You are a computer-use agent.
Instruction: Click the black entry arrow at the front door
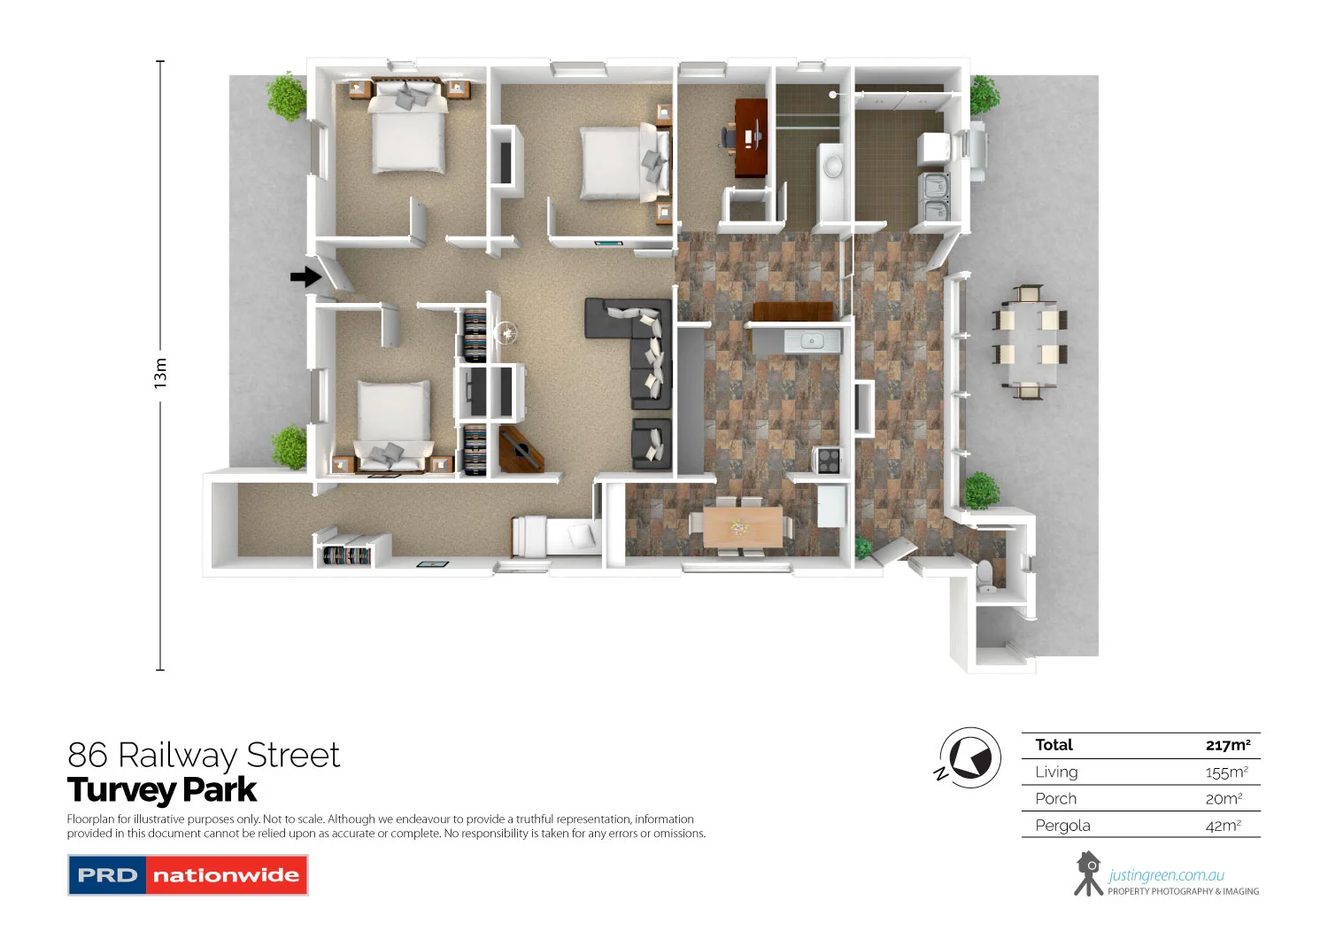(305, 277)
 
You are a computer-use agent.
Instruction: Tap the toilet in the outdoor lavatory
(985, 577)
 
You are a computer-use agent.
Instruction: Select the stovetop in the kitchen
(828, 460)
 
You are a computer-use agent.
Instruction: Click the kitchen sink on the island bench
(811, 340)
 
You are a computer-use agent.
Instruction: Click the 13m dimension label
(160, 373)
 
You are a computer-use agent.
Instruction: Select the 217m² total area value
(1227, 745)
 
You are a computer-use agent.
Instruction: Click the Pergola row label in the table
(1062, 826)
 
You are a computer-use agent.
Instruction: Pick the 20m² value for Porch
(1224, 799)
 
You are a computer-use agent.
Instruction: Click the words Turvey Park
(162, 789)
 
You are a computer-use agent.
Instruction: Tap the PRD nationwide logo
(188, 875)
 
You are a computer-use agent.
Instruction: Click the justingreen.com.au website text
(1166, 875)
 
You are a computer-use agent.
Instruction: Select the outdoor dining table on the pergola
(1029, 342)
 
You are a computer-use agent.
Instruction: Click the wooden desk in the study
(751, 137)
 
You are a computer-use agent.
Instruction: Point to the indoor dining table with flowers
(742, 526)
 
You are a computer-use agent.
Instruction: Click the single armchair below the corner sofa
(651, 444)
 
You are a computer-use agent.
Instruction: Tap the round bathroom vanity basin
(833, 166)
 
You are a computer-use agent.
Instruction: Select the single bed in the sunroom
(557, 536)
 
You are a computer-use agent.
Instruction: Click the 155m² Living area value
(1226, 772)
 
